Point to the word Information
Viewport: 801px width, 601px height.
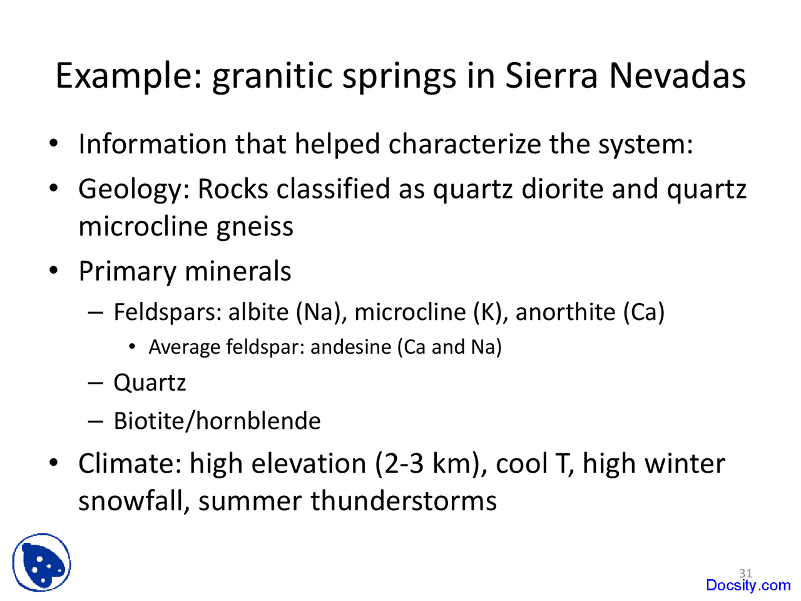pos(153,144)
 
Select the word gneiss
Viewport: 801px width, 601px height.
pos(255,227)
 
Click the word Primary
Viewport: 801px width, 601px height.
pos(127,272)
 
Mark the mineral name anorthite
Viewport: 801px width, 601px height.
pos(565,311)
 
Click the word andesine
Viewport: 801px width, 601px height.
pos(350,347)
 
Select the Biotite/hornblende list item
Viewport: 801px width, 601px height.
pos(217,421)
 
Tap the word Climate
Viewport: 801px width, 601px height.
pos(130,464)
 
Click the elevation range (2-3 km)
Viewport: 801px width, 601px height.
pos(431,464)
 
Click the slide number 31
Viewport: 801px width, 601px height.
pos(745,573)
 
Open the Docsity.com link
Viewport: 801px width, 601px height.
pos(748,585)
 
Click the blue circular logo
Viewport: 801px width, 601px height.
pos(41,563)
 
